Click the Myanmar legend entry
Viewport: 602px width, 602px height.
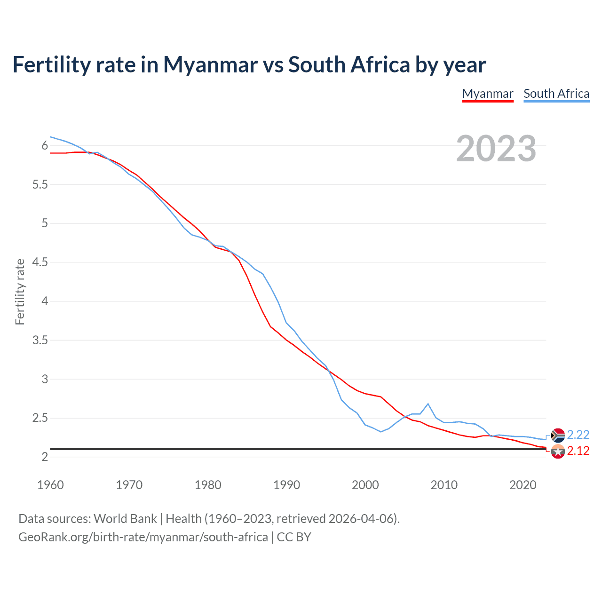(x=488, y=94)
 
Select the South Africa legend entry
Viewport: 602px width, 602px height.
(x=556, y=94)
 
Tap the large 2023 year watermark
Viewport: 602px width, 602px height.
(x=496, y=149)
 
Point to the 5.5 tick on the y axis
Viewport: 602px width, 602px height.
(x=40, y=185)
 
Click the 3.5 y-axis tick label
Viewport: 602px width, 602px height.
(x=40, y=341)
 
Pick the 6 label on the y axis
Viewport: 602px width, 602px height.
(x=45, y=146)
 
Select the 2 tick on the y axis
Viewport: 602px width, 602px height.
(x=45, y=457)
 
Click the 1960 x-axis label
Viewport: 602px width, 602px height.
(x=50, y=485)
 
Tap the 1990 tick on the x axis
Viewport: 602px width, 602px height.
(x=286, y=485)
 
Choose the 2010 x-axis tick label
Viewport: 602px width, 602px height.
(x=444, y=485)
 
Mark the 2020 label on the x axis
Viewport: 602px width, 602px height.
(x=523, y=485)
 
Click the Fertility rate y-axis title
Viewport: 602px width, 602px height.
(x=20, y=292)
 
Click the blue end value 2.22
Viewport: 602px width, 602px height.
(x=578, y=435)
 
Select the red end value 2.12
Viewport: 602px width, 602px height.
(x=578, y=451)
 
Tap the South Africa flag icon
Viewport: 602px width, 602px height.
(x=558, y=436)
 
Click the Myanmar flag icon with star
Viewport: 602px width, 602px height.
(x=558, y=452)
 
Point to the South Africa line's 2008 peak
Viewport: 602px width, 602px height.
(x=428, y=404)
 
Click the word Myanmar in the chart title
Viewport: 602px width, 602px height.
(x=210, y=65)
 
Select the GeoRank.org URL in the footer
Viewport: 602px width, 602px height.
(x=143, y=537)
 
